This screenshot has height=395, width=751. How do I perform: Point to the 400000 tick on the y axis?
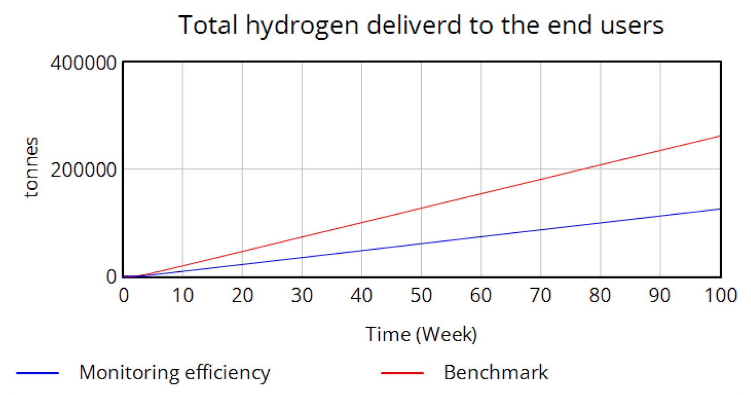[84, 63]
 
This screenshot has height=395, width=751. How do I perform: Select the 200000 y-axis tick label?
[84, 170]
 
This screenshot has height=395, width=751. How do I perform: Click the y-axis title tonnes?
[31, 167]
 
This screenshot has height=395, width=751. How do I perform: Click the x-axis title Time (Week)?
[421, 334]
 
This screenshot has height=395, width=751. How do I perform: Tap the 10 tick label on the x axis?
[182, 295]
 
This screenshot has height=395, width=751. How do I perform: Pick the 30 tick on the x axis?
[302, 295]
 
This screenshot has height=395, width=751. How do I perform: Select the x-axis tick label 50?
[421, 295]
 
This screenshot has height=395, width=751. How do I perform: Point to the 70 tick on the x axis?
[540, 295]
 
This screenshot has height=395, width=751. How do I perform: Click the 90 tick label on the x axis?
[660, 295]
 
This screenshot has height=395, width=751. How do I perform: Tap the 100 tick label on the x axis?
[721, 295]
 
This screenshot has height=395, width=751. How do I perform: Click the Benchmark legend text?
[496, 373]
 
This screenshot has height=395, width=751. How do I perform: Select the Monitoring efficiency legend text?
[174, 373]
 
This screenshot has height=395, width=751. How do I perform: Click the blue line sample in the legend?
[38, 373]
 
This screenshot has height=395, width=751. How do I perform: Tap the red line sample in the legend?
[402, 373]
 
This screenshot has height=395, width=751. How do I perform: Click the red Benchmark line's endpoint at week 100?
[720, 136]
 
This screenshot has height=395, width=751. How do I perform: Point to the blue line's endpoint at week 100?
[720, 209]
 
